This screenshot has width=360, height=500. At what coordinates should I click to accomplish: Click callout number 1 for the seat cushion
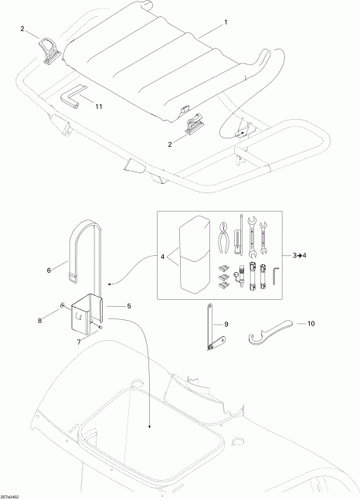tap(226, 23)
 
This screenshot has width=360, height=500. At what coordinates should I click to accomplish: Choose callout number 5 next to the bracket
tap(129, 306)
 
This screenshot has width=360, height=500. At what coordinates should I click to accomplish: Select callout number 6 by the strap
tap(49, 270)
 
